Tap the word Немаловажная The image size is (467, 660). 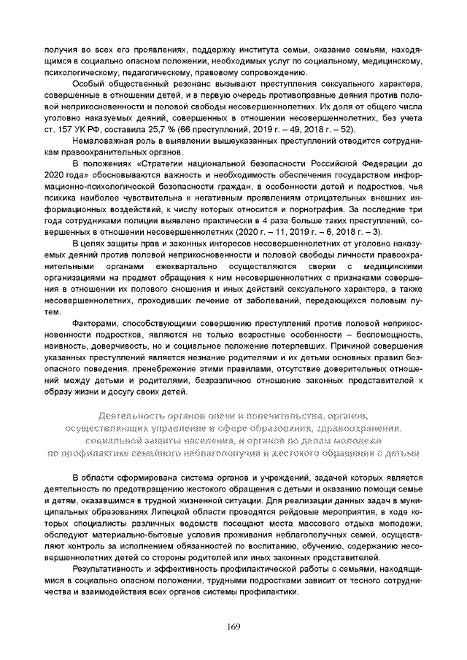pos(100,142)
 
